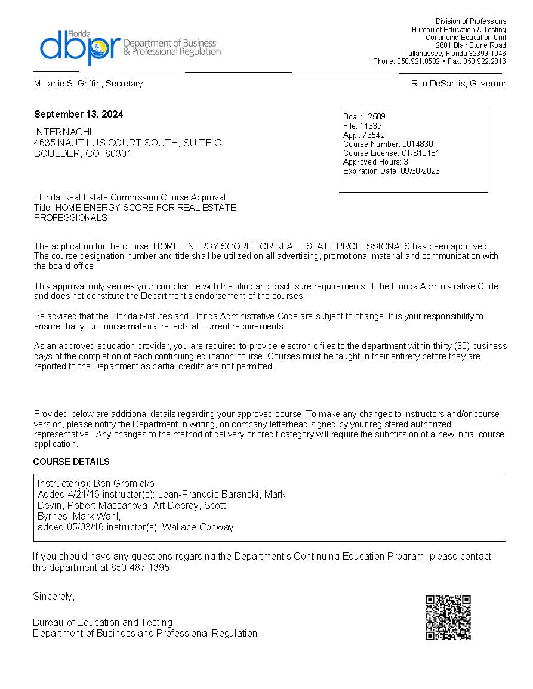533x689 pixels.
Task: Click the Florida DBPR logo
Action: coord(130,47)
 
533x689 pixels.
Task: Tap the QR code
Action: coord(448,617)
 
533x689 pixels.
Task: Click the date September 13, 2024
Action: coord(78,115)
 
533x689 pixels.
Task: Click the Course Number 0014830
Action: coord(417,144)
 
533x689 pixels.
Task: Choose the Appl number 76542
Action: coord(373,135)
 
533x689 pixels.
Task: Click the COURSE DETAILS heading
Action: coord(71,462)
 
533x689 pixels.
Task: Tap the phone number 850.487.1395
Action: coord(140,567)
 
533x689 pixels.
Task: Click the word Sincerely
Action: coord(54,596)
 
